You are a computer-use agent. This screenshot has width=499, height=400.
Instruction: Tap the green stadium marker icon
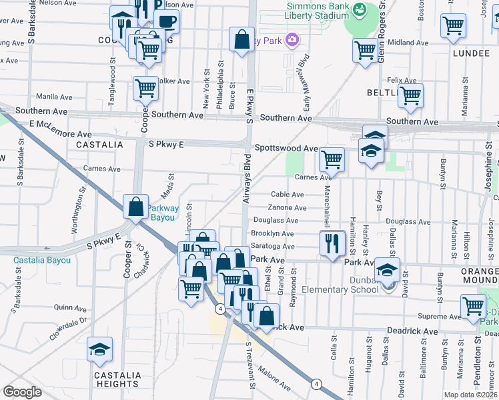pyautogui.click(x=360, y=9)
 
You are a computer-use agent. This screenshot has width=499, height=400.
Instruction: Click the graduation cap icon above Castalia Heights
pyautogui.click(x=99, y=349)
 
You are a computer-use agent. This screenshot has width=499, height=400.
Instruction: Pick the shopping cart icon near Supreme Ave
pyautogui.click(x=473, y=306)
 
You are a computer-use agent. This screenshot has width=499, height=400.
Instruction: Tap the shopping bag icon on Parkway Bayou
pyautogui.click(x=136, y=207)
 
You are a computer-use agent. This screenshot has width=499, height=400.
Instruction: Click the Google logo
pyautogui.click(x=23, y=392)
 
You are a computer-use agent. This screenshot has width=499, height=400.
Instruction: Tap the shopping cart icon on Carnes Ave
pyautogui.click(x=332, y=160)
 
